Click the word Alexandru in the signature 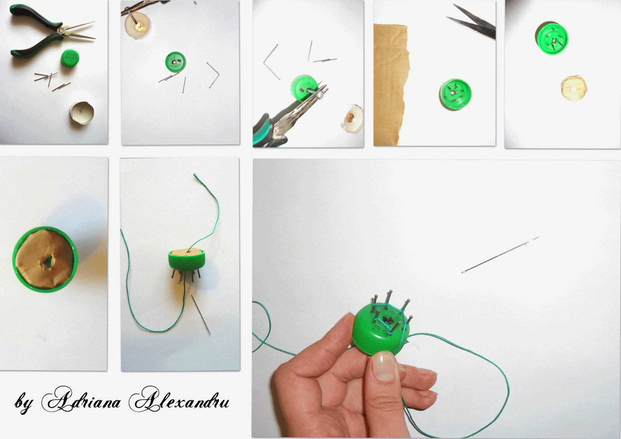179,400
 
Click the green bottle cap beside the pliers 70,58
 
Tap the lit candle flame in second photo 140,26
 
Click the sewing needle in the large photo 500,255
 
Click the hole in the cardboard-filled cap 48,261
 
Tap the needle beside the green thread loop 201,314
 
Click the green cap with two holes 175,62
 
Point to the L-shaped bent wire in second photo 213,75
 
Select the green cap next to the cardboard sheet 455,94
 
